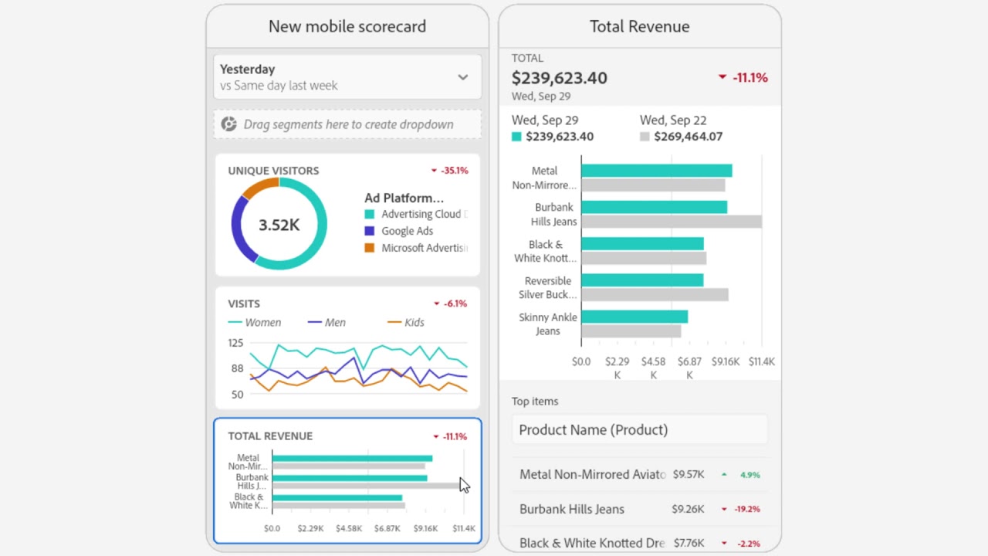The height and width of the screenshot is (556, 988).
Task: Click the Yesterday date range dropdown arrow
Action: click(x=462, y=77)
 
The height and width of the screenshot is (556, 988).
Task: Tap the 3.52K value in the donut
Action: click(x=279, y=225)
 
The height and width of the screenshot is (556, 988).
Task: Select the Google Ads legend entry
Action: click(x=406, y=231)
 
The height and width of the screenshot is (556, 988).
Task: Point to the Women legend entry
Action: click(x=262, y=322)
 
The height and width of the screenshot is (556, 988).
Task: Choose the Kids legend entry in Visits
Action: click(x=414, y=322)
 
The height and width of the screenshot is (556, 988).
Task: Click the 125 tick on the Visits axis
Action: click(x=235, y=343)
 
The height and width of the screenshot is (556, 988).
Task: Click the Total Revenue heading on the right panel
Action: click(x=639, y=26)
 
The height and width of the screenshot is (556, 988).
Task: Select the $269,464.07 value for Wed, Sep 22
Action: click(x=688, y=137)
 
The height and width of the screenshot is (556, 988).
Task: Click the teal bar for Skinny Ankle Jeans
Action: click(x=634, y=317)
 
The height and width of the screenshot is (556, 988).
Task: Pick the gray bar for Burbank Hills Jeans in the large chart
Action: click(x=671, y=222)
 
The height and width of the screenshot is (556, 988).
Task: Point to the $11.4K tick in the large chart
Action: click(x=761, y=361)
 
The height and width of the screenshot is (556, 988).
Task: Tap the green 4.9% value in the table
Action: click(x=749, y=475)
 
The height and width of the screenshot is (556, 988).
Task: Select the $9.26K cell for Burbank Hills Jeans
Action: click(x=688, y=509)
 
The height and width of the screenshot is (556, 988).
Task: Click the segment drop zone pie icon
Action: click(x=228, y=124)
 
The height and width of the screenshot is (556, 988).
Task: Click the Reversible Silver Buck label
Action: click(x=547, y=287)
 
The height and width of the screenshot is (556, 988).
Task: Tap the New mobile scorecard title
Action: click(x=347, y=26)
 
